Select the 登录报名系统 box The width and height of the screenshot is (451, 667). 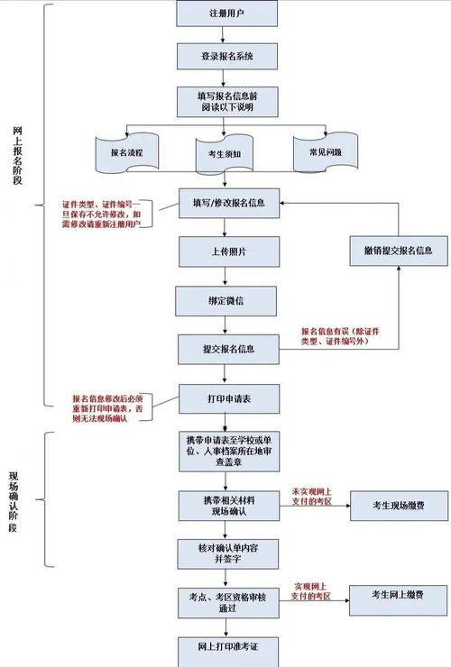(228, 56)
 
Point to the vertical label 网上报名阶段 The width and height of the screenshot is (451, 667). (19, 154)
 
